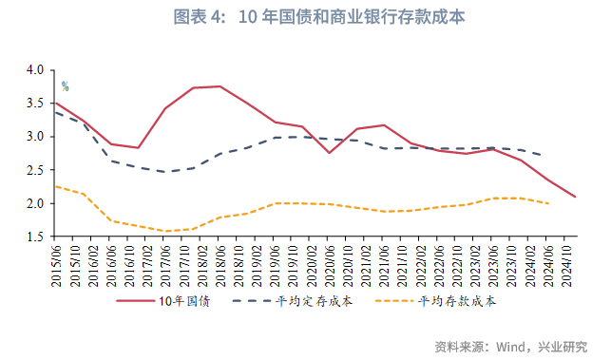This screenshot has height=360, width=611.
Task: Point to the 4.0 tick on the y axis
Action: tap(35, 70)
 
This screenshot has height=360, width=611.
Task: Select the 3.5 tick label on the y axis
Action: tap(35, 104)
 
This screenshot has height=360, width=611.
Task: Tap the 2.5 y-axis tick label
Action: tap(35, 170)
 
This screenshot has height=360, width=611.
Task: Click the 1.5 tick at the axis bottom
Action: tap(35, 237)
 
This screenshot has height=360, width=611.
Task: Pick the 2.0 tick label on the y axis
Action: tap(35, 203)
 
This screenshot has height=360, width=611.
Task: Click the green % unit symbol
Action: tap(65, 86)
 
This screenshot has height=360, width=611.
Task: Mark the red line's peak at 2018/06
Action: tap(220, 86)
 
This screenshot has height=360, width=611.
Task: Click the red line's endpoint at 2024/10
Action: tap(576, 197)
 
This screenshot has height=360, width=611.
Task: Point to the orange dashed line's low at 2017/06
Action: tap(165, 231)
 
